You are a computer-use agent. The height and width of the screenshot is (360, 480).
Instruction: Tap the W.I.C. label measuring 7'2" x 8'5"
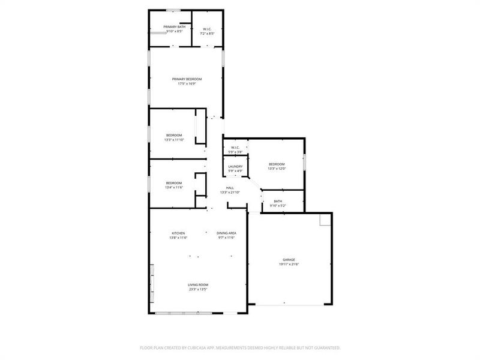[206, 29]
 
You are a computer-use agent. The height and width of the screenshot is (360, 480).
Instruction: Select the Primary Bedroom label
[187, 79]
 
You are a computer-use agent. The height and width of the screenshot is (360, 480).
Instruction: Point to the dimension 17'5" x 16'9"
[187, 84]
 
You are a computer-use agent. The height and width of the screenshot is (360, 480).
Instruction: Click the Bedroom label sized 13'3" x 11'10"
[174, 136]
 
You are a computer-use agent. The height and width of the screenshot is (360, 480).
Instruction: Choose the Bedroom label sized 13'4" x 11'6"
[174, 183]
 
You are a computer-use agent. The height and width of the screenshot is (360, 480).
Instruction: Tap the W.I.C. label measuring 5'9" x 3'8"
[235, 148]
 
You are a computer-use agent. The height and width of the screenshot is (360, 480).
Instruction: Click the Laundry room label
[235, 166]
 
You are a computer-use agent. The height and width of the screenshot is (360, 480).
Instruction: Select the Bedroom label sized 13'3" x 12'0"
[277, 164]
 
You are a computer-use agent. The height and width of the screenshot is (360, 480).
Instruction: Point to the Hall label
[230, 188]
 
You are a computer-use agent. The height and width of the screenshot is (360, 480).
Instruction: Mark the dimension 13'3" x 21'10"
[230, 193]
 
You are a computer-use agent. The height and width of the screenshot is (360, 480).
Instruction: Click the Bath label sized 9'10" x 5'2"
[278, 202]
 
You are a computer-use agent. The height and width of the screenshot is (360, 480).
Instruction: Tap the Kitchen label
[178, 233]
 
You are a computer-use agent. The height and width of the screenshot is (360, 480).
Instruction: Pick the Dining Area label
[226, 233]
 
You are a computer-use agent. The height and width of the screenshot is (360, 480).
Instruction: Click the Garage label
[289, 260]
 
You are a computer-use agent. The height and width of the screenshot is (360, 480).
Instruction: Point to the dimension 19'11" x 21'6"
[289, 265]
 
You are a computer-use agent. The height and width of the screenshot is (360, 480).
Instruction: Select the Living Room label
[198, 285]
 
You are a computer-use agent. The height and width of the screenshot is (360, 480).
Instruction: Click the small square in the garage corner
[325, 220]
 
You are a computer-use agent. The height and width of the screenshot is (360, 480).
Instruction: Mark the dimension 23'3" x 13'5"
[198, 290]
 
